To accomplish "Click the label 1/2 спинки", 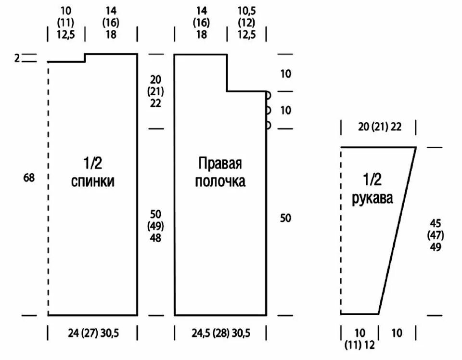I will pyautogui.click(x=93, y=172).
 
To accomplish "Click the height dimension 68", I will pyautogui.click(x=29, y=178).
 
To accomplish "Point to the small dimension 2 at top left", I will pyautogui.click(x=17, y=58).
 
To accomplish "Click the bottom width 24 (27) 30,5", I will pyautogui.click(x=93, y=333).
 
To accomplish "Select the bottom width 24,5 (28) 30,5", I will pyautogui.click(x=221, y=333).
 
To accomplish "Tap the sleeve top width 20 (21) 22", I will pyautogui.click(x=379, y=127).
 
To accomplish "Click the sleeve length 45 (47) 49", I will pyautogui.click(x=436, y=235).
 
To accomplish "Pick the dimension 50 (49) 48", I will pyautogui.click(x=155, y=226).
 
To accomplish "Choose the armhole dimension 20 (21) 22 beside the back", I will pyautogui.click(x=155, y=91).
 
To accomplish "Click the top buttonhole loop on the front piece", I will pyautogui.click(x=268, y=95).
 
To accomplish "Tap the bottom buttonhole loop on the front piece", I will pyautogui.click(x=268, y=126).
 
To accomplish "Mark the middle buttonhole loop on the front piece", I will pyautogui.click(x=268, y=110).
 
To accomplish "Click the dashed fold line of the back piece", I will pyautogui.click(x=48, y=193).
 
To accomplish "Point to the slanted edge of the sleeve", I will pyautogui.click(x=397, y=231).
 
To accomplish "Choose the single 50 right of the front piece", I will pyautogui.click(x=286, y=218).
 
